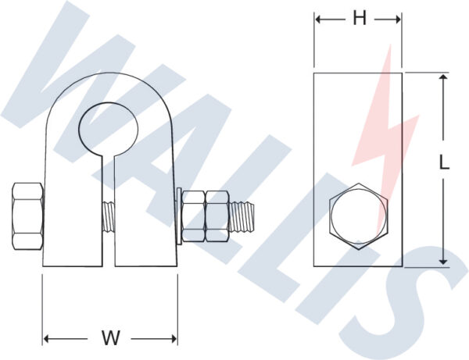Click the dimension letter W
coord(110,338)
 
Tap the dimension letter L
coord(443,163)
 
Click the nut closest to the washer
coord(193,216)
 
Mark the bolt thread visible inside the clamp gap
coord(109,216)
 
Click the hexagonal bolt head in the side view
coord(358,217)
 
